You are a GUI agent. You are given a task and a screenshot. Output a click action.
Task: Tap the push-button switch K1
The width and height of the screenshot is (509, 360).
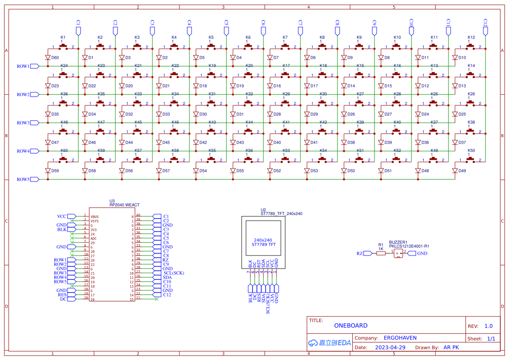pos(63,46)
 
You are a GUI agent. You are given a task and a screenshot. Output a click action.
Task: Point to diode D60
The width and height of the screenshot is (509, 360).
pos(48,57)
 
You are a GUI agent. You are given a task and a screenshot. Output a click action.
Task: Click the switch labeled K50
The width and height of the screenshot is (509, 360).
pos(471,159)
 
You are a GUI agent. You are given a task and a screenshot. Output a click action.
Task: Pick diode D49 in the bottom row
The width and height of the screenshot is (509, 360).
pos(455,171)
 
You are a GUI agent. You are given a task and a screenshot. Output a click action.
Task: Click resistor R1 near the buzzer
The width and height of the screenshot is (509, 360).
pos(381,253)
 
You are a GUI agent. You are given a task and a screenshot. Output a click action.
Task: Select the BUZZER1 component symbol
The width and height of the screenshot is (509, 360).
pos(398,253)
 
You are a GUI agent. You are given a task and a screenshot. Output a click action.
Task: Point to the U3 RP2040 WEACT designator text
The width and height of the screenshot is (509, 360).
pos(124,203)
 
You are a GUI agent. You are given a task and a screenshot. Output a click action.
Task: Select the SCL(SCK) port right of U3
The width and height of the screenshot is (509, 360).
pos(168,273)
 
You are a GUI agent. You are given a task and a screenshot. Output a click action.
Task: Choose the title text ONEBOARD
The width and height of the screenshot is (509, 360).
pos(351,326)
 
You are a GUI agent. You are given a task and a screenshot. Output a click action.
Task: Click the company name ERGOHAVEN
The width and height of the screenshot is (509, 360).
pos(400,338)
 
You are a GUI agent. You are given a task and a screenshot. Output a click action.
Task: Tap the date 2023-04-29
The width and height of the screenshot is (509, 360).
pos(390,347)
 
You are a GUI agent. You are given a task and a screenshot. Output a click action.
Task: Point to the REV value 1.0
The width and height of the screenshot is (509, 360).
pos(488,326)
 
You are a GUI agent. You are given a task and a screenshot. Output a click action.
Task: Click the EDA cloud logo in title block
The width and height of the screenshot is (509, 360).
pos(329,343)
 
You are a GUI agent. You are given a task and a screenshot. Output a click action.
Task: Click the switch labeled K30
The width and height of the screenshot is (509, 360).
pos(323,102)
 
